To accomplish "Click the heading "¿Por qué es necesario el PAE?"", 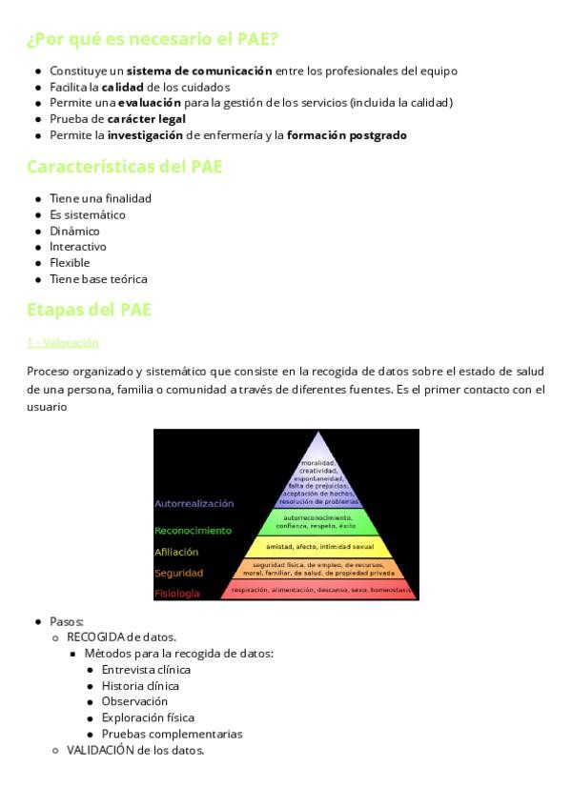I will point(153,39).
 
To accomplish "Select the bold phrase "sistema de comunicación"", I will point(199,71).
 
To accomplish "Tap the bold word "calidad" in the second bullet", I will point(121,87).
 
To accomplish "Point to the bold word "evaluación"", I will point(150,103).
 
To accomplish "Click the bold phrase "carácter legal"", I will point(146,119).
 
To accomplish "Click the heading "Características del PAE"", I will point(124,167).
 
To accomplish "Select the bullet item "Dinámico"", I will point(74,231).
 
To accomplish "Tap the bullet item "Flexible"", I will point(70,263).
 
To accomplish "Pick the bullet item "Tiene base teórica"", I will point(98,279).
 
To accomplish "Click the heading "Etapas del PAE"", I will point(89,311).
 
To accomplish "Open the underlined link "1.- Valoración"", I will point(62,342).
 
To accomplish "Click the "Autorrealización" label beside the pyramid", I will point(194,503).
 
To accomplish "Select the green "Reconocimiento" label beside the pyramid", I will point(193,530).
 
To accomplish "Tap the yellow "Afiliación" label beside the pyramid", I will point(176,552).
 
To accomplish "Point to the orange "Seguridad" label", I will point(178,574).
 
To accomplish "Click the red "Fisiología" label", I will point(177,594).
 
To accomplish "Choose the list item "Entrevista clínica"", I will point(146,670).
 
